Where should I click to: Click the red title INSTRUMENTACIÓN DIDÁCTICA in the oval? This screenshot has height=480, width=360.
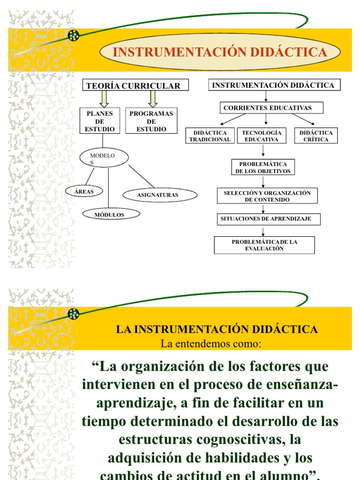click(220, 52)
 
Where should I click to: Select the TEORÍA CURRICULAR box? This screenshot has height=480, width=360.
click(136, 85)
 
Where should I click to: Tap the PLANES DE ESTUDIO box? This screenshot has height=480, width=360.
click(99, 121)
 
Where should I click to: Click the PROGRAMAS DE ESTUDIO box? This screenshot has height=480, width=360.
click(151, 121)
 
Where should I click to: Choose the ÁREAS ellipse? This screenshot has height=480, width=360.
click(84, 191)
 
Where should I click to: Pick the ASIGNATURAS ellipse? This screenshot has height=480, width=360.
click(157, 195)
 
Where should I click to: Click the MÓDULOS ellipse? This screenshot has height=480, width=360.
click(110, 214)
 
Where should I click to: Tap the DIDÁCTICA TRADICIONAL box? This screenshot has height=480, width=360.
click(210, 136)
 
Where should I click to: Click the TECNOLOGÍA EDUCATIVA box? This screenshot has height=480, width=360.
click(261, 136)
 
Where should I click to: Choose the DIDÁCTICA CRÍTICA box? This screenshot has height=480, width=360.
click(316, 136)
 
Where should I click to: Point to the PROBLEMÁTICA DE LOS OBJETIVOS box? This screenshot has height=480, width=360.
click(263, 167)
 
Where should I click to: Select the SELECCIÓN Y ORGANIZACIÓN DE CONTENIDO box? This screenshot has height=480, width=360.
click(267, 196)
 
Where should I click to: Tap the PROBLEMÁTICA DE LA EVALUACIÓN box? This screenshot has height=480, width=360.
click(264, 245)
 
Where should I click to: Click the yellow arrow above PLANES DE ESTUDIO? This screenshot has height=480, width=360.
click(104, 98)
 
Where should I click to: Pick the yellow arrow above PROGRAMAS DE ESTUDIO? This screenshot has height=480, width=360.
click(152, 98)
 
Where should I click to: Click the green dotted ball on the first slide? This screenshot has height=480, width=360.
click(74, 35)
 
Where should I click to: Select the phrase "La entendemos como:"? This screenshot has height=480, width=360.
click(210, 344)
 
